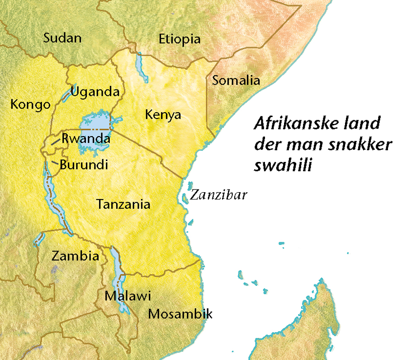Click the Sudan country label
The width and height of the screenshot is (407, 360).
click(x=62, y=38)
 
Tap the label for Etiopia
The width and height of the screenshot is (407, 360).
click(x=180, y=39)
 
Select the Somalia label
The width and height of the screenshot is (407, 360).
click(x=236, y=81)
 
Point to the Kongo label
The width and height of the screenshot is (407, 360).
click(x=30, y=105)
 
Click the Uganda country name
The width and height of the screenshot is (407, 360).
click(x=95, y=92)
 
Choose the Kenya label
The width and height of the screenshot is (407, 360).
click(x=163, y=115)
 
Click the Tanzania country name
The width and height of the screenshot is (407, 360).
click(x=123, y=204)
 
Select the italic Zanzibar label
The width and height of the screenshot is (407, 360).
click(x=218, y=195)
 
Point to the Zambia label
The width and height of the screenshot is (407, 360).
click(x=75, y=256)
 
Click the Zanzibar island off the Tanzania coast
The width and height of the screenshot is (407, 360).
click(x=185, y=198)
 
